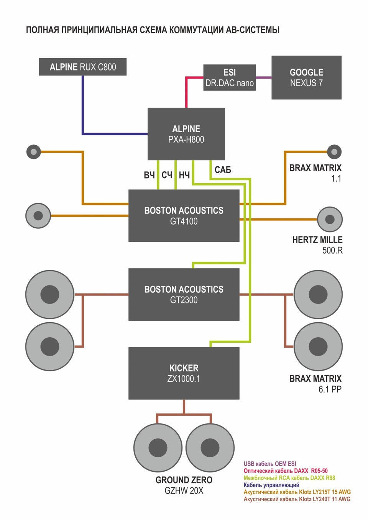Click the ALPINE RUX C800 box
[82, 67]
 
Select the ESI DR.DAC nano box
[229, 78]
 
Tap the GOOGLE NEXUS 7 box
[306, 78]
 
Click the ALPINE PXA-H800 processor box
[186, 134]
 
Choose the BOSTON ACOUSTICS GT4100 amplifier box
[184, 216]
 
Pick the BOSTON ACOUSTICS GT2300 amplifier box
[184, 294]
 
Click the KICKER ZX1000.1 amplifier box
[184, 373]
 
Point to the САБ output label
[223, 170]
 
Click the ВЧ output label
[149, 175]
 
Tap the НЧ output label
[184, 175]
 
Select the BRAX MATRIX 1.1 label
[315, 173]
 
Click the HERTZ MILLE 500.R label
[317, 245]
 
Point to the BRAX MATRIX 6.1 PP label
[315, 384]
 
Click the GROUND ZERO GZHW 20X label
[184, 485]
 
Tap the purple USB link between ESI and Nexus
[263, 78]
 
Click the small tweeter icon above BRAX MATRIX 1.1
[334, 152]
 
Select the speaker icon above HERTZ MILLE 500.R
[330, 220]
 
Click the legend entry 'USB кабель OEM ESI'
[270, 464]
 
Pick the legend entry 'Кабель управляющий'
[271, 485]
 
